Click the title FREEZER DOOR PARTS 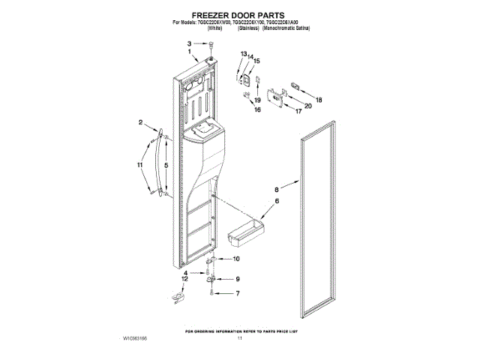[x=239, y=15]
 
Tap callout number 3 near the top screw [x=190, y=44]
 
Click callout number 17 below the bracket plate [x=298, y=111]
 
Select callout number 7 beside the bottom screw [x=238, y=293]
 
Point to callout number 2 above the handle [x=140, y=122]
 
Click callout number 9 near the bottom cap [x=238, y=279]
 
